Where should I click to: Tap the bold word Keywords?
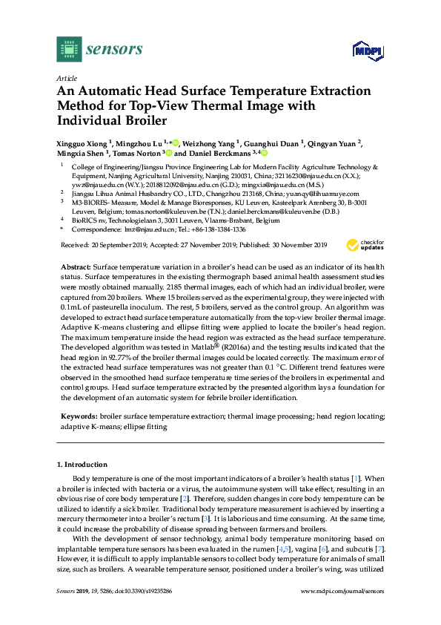tap(78, 418)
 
